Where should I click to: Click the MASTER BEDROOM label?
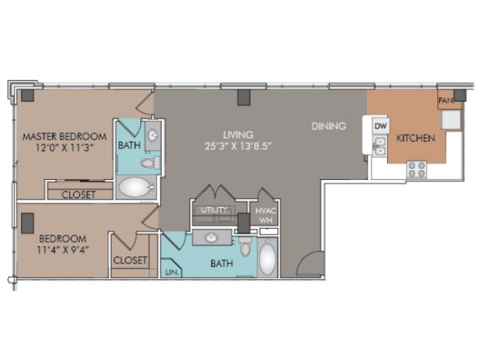click(x=64, y=136)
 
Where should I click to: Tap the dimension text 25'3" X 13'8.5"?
click(x=238, y=146)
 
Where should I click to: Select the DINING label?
click(x=328, y=126)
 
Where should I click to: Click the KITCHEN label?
click(x=415, y=138)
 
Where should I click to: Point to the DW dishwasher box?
click(x=380, y=126)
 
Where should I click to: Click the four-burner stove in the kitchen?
click(x=417, y=169)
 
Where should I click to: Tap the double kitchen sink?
click(x=380, y=146)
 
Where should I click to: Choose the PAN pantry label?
click(x=445, y=100)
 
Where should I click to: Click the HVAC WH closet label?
click(x=265, y=215)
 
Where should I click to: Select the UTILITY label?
click(x=214, y=210)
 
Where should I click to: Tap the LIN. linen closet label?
click(x=172, y=272)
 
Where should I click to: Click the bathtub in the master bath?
click(x=136, y=187)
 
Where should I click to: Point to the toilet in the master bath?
click(x=150, y=163)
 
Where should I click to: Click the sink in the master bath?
click(x=153, y=135)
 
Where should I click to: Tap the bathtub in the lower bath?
click(x=267, y=259)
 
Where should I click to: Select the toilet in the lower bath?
click(x=245, y=247)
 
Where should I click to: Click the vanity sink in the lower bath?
click(x=211, y=237)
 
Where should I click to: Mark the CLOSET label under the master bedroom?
click(x=78, y=195)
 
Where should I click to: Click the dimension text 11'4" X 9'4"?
click(x=63, y=250)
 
